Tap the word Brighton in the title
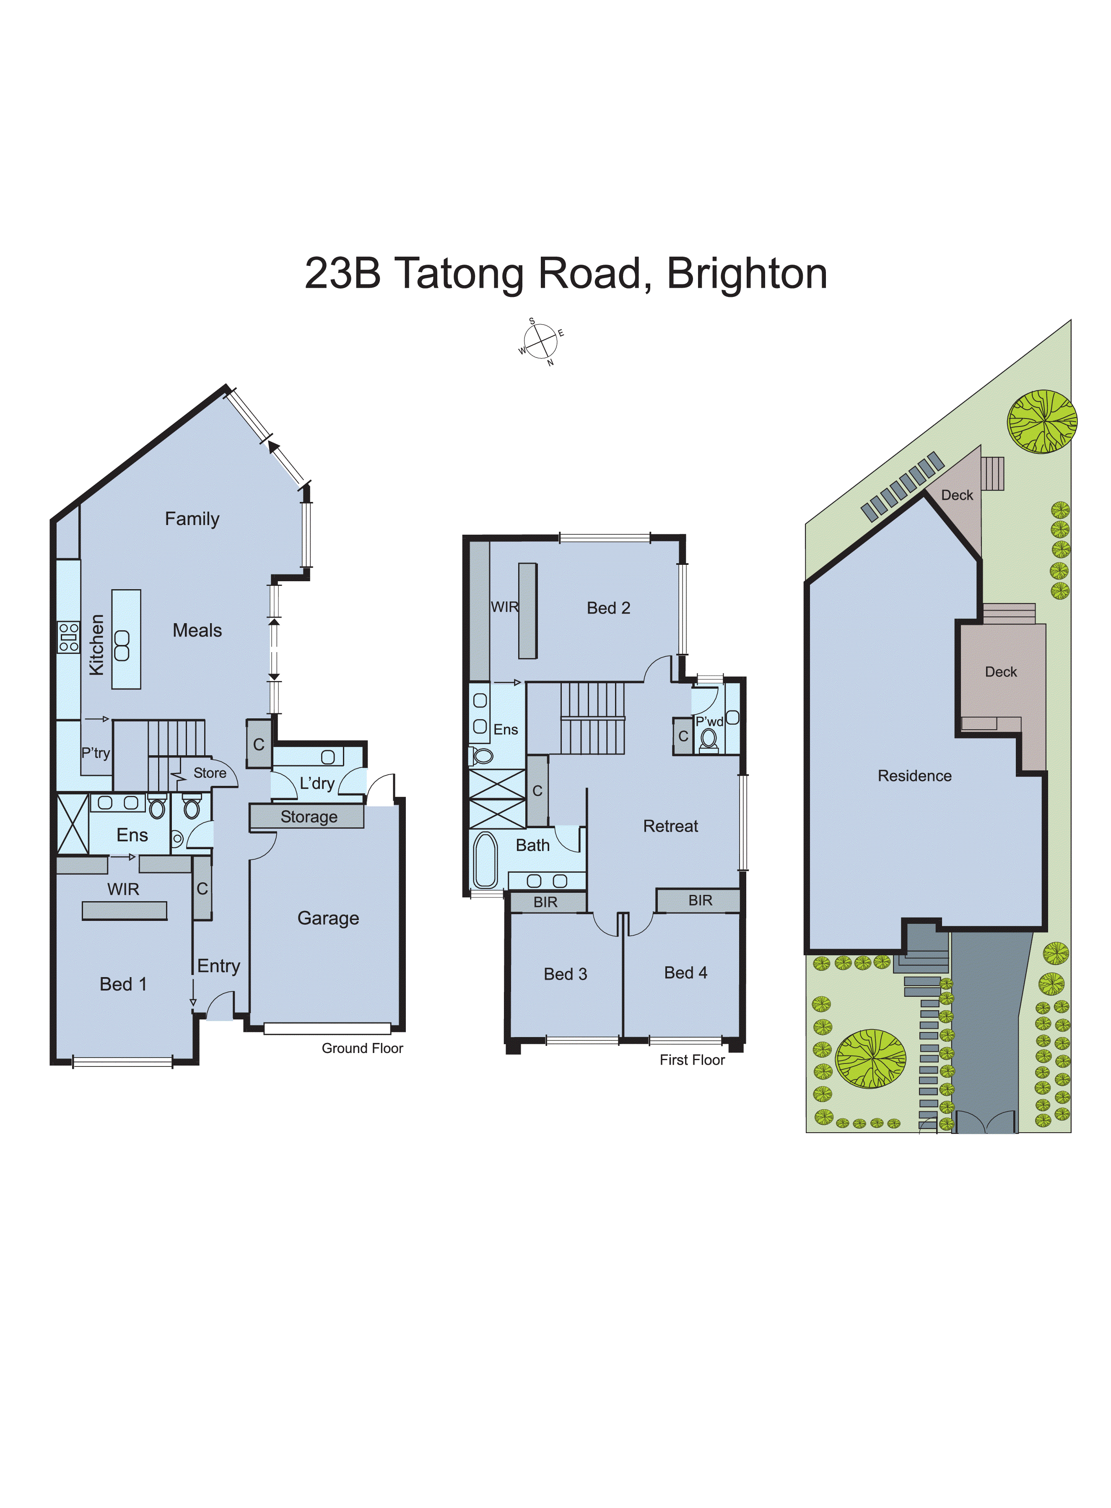(747, 274)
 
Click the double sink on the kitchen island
(122, 646)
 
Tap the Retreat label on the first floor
(670, 826)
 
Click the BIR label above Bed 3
(545, 902)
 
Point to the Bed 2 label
(608, 608)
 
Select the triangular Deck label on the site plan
(956, 495)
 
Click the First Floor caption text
(692, 1060)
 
